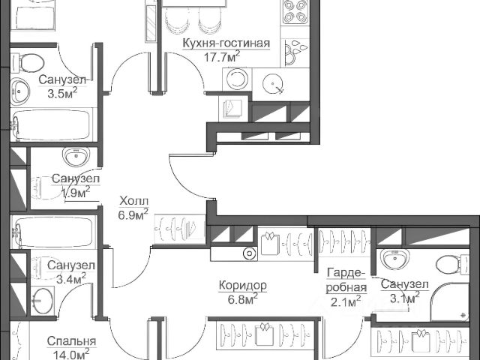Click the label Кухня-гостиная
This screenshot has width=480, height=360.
coord(226,43)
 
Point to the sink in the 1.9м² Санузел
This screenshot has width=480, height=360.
coord(75,157)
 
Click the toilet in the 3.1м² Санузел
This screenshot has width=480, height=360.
coord(448,264)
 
